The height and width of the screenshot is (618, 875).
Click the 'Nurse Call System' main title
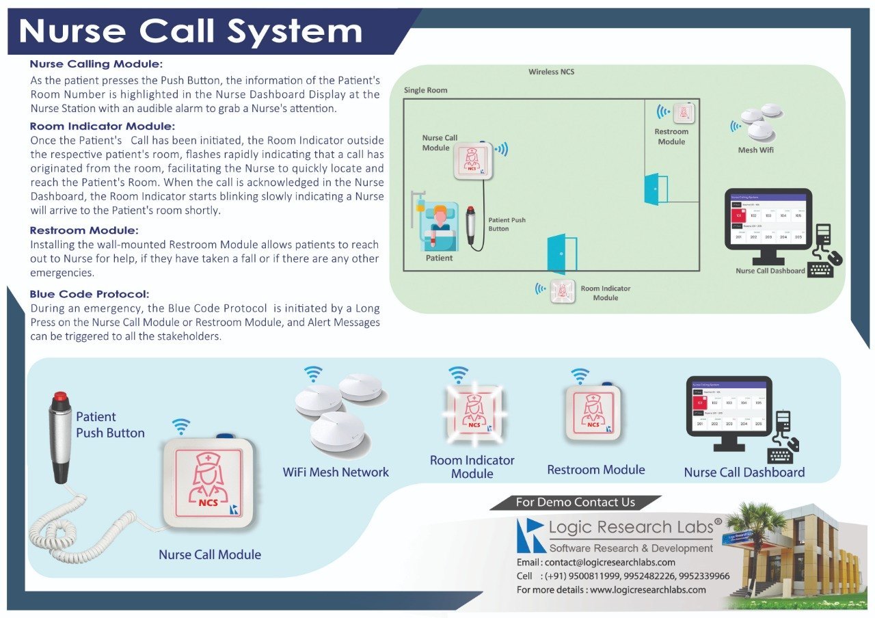(x=191, y=31)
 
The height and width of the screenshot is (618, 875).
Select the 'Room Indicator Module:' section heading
(x=103, y=126)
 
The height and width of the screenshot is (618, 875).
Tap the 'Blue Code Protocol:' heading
(x=90, y=294)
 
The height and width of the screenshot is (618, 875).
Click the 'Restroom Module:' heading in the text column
(x=84, y=230)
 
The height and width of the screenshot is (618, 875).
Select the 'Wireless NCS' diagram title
(x=551, y=72)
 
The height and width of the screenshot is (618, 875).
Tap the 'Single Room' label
(x=425, y=90)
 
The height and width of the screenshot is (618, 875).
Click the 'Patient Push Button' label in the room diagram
(x=507, y=224)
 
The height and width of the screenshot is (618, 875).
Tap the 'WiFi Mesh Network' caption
(x=336, y=472)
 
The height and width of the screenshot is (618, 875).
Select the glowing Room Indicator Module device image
(x=472, y=414)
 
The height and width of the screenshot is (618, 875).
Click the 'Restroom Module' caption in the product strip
(x=596, y=470)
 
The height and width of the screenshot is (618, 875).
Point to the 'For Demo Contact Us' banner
(x=575, y=502)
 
